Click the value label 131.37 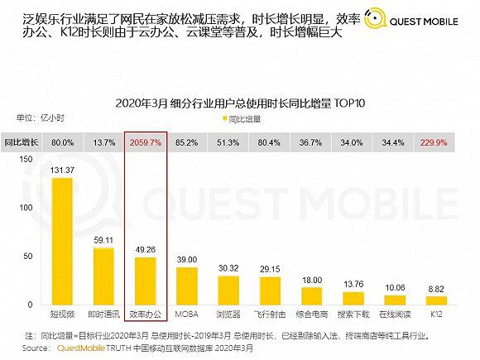[63, 170]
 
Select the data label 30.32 [228, 267]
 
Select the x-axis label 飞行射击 [270, 314]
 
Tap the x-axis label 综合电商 [311, 314]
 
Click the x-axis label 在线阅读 [394, 314]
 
